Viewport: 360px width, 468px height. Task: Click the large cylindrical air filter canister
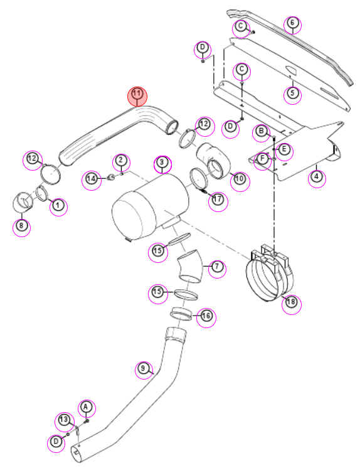(151, 206)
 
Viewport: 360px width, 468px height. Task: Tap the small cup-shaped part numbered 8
(22, 202)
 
